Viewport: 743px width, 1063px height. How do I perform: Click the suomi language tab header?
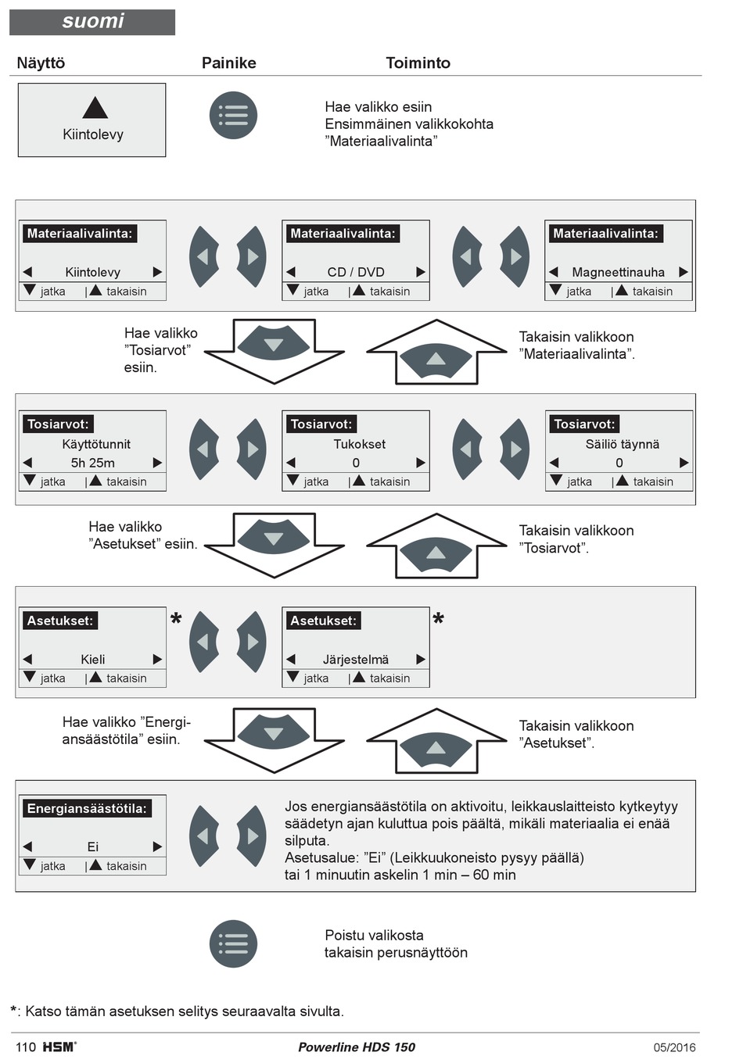[x=92, y=22]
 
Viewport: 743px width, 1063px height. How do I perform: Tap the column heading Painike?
[x=229, y=63]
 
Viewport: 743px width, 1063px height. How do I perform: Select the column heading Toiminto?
[x=418, y=63]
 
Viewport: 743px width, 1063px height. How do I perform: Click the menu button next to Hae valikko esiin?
[x=233, y=116]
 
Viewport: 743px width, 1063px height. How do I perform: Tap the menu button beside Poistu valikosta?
[x=233, y=943]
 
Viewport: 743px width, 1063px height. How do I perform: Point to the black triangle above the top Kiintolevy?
[x=95, y=107]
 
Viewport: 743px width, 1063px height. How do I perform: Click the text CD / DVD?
[x=356, y=272]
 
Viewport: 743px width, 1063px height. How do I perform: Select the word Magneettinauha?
[x=618, y=272]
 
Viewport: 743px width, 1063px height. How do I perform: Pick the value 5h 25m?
[x=92, y=463]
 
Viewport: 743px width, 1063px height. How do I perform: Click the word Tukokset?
[x=360, y=444]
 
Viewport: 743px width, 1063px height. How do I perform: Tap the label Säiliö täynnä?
[x=622, y=444]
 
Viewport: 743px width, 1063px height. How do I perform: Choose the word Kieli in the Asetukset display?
[x=93, y=659]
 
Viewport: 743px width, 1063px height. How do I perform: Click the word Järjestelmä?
[x=356, y=660]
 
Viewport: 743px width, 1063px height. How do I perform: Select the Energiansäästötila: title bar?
[x=87, y=808]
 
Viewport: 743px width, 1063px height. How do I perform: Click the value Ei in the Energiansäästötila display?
[x=92, y=846]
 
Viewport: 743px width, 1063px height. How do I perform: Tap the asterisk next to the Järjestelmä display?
[x=438, y=619]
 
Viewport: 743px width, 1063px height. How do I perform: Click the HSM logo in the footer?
[x=59, y=1047]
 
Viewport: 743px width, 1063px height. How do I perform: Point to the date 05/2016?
[x=674, y=1047]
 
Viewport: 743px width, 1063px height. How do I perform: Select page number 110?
[x=26, y=1047]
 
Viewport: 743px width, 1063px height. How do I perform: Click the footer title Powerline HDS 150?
[x=357, y=1047]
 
